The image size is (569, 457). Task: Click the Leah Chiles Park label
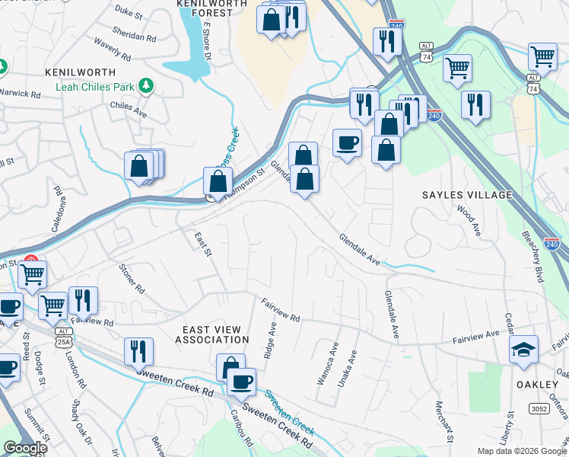[95, 87]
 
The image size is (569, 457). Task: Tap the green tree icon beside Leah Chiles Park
[145, 87]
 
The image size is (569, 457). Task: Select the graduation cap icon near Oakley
[523, 350]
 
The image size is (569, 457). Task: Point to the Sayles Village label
[467, 196]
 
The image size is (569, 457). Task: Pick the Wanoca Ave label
[332, 363]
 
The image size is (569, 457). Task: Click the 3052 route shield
[539, 410]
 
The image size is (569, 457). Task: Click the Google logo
[25, 448]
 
